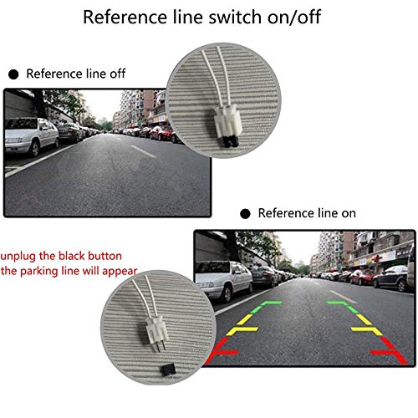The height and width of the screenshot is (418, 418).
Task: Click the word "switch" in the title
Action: pos(235,17)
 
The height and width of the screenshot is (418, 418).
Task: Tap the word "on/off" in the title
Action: pos(294,18)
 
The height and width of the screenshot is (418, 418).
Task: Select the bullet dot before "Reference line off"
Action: pos(13,74)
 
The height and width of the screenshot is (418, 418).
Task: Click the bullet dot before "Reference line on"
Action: pos(245,214)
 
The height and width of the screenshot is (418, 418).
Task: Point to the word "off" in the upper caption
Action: pos(117,74)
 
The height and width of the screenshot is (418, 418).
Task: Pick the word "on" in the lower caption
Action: pos(349,214)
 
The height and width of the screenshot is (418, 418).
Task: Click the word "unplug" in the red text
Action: pos(18,257)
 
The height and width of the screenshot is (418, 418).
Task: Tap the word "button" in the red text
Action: pos(104,256)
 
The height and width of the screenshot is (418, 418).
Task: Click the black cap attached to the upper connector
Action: pos(231,141)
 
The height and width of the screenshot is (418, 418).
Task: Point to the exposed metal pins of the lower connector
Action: pos(161,345)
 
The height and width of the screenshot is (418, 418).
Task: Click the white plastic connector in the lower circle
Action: pos(156,329)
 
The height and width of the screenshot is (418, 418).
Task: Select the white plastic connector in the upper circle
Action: pos(227,120)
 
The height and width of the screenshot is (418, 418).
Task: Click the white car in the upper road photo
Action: pos(32,135)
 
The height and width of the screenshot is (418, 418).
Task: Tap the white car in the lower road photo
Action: pos(224,280)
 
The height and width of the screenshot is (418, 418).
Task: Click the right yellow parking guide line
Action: pos(366,324)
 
